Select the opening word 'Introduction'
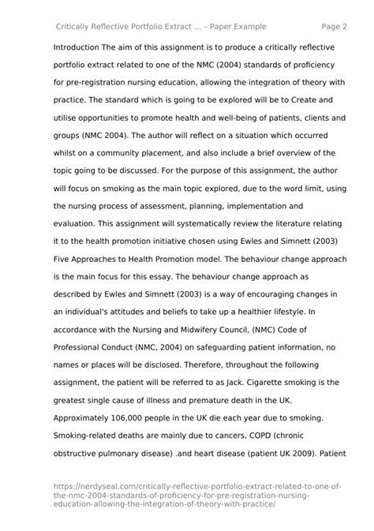point(82,47)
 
